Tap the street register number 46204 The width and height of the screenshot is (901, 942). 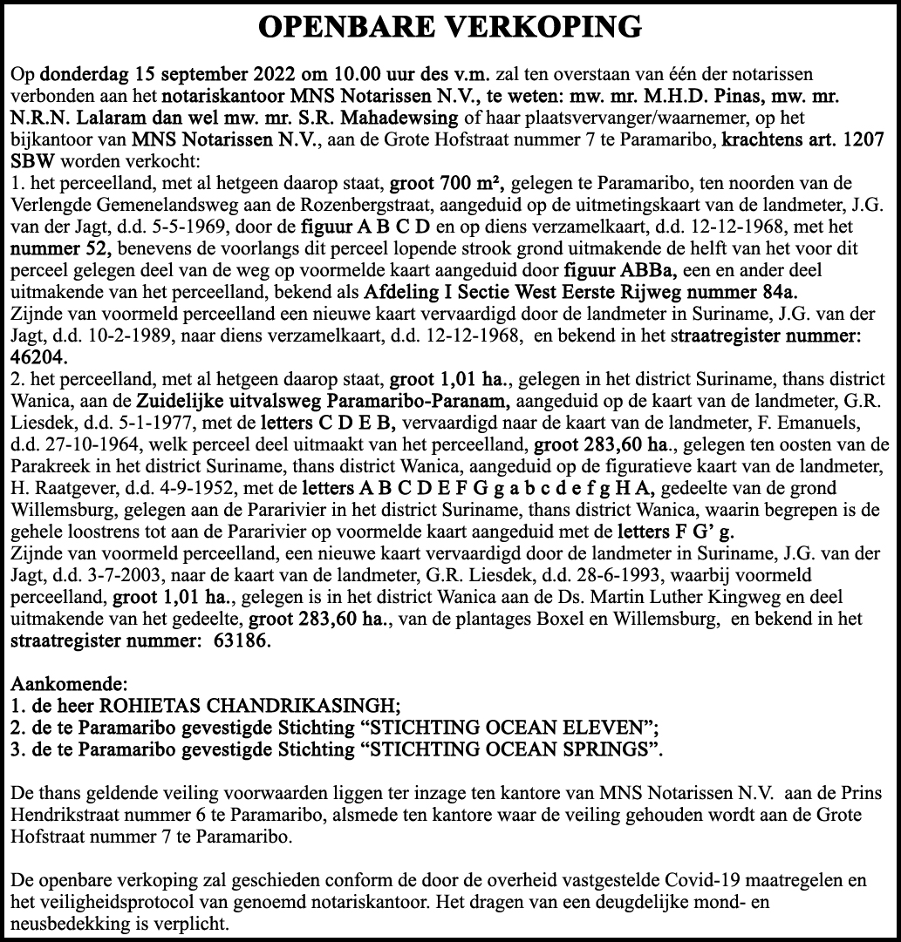tap(39, 356)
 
